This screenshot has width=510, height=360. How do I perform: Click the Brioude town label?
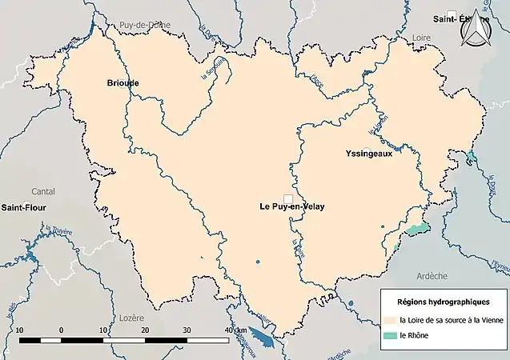click(x=123, y=82)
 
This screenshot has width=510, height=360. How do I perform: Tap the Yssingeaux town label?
click(x=369, y=154)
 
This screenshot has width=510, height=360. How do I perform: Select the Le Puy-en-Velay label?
click(x=292, y=206)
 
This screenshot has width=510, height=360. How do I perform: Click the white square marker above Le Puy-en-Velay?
click(x=287, y=197)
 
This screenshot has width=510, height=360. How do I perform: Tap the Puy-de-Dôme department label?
click(x=141, y=26)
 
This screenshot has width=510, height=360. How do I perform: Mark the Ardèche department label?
click(x=432, y=275)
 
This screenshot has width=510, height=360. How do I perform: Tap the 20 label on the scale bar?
click(x=145, y=330)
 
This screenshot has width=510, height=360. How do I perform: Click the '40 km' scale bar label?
click(x=234, y=330)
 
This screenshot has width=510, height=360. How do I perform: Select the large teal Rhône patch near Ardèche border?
click(x=416, y=230)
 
